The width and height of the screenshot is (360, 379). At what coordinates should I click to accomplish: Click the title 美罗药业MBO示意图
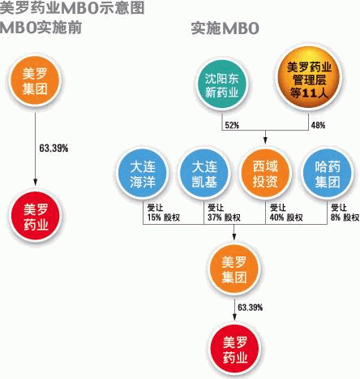[72, 8]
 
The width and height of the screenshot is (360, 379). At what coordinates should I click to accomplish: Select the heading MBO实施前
[41, 28]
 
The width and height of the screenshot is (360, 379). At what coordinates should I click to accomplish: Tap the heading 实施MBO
[225, 28]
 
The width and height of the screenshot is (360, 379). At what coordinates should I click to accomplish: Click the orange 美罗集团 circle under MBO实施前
[35, 80]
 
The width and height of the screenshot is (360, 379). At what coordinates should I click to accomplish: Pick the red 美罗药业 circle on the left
[36, 217]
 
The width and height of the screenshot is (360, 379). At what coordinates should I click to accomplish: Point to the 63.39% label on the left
[54, 149]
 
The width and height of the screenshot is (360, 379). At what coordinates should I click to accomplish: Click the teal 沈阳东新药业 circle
[221, 85]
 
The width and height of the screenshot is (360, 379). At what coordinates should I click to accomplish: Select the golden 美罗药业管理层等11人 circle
[309, 79]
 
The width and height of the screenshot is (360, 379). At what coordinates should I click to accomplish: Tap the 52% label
[232, 125]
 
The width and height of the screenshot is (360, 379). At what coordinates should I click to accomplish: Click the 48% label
[318, 125]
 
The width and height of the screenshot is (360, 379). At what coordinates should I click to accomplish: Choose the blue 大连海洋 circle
[143, 174]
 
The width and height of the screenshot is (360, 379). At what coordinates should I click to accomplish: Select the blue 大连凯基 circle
[204, 174]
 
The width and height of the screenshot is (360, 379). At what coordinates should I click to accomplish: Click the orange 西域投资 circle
[265, 174]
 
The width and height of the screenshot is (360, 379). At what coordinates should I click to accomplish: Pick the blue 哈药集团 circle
[328, 174]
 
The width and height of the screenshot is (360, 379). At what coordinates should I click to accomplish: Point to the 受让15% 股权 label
[164, 213]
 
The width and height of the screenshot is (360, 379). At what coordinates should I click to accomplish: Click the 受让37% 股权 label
[224, 213]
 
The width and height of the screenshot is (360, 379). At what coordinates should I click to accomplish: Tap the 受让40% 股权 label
[286, 213]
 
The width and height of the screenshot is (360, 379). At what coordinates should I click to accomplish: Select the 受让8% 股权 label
[345, 213]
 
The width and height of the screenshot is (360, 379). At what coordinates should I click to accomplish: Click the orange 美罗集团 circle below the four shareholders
[234, 269]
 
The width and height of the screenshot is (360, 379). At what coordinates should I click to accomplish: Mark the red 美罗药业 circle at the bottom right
[235, 351]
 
